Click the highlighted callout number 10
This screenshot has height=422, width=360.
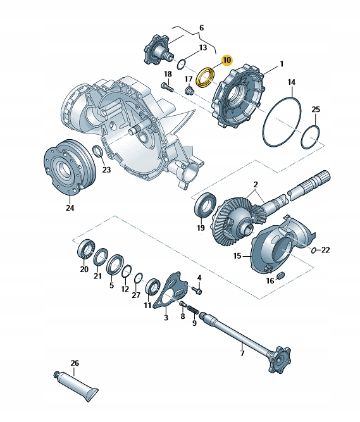pos(227,60)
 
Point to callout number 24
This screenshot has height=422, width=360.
pos(70,208)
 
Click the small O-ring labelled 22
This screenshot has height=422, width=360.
pos(313,251)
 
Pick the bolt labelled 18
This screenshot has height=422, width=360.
pos(167,87)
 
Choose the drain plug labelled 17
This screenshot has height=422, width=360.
pos(189,90)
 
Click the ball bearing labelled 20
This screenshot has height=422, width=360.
pos(86,249)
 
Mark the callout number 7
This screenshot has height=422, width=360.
pos(242,353)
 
